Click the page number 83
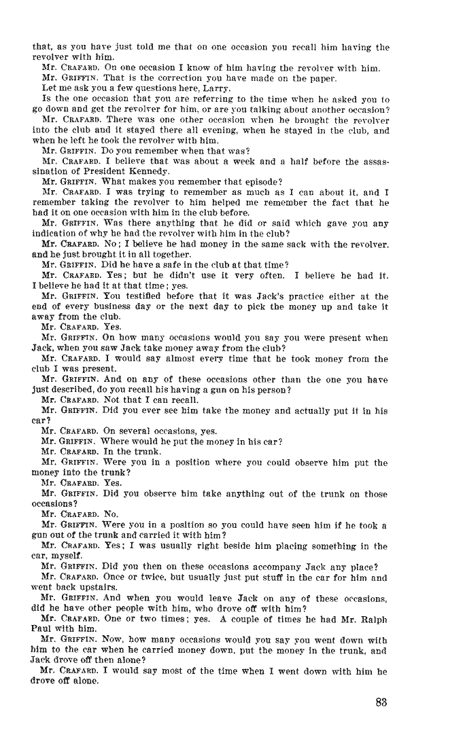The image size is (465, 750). pyautogui.click(x=380, y=702)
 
